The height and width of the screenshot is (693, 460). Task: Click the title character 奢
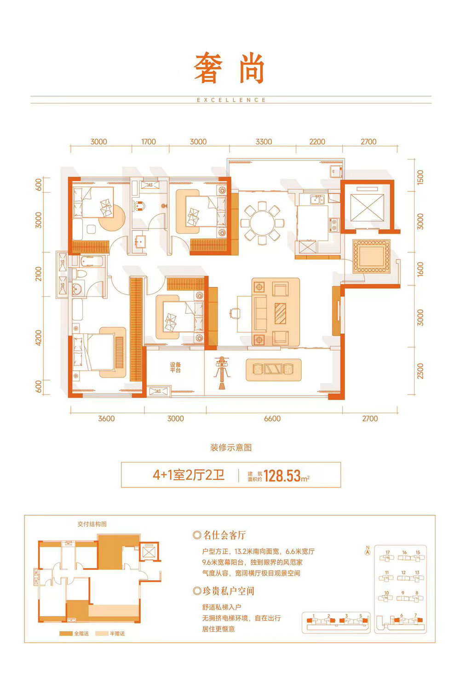click(208, 69)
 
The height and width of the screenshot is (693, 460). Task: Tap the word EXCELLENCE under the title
click(231, 100)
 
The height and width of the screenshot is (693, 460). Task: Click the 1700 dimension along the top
click(148, 142)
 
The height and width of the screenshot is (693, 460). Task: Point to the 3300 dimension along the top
click(264, 142)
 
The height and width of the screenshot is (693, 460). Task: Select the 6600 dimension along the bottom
click(272, 418)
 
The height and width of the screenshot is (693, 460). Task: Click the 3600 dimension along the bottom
click(106, 418)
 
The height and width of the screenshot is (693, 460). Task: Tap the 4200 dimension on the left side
click(39, 338)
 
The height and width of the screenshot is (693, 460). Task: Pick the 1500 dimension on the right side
click(420, 177)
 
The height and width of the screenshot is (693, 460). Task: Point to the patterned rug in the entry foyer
click(371, 256)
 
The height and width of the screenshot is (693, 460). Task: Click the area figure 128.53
click(282, 475)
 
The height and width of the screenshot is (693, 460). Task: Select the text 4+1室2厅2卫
click(189, 475)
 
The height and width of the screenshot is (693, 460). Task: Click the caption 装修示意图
click(231, 447)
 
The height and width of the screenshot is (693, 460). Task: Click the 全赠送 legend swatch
click(66, 633)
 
